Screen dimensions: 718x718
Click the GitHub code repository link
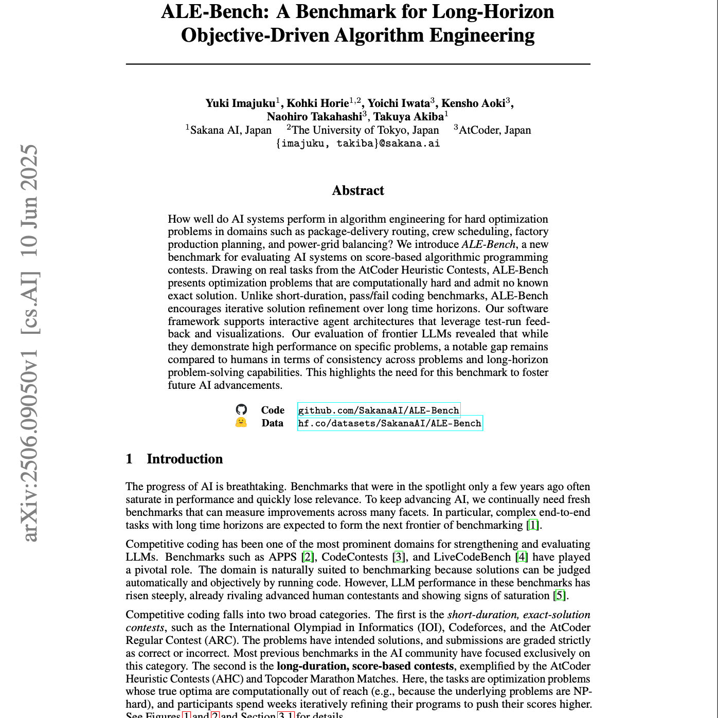click(x=379, y=410)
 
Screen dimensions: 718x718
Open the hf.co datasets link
click(x=390, y=423)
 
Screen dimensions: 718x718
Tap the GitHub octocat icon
click(x=241, y=409)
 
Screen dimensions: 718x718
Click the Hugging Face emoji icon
click(x=241, y=423)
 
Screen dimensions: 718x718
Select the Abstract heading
click(x=358, y=191)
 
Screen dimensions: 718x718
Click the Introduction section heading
click(x=185, y=459)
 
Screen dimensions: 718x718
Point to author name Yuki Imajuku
click(x=240, y=103)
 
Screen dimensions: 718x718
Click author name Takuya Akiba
click(x=408, y=117)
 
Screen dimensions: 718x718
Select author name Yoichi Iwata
click(x=399, y=103)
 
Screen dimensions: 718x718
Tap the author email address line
click(x=358, y=143)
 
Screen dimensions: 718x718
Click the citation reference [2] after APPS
click(x=308, y=557)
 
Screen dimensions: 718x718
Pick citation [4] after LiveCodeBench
click(x=522, y=557)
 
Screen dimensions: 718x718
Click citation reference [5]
click(x=560, y=596)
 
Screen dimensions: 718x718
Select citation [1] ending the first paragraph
click(x=533, y=525)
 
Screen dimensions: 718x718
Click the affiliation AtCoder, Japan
click(x=494, y=130)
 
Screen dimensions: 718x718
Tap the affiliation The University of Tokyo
click(x=365, y=130)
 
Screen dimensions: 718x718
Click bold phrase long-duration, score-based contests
click(x=365, y=666)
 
